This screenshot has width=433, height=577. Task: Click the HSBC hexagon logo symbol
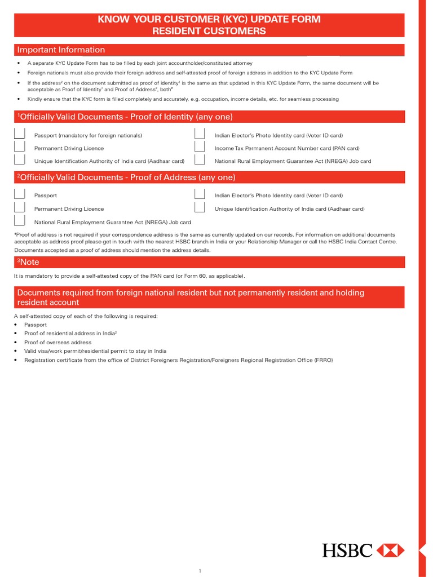click(390, 550)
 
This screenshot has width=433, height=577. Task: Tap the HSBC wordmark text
click(347, 550)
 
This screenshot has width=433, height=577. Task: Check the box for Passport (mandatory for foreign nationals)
click(20, 134)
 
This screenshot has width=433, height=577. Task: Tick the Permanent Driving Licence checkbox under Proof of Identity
click(20, 147)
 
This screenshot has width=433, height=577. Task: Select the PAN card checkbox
click(200, 147)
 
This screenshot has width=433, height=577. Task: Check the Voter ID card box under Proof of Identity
click(200, 134)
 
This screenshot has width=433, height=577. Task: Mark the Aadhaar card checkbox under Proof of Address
click(200, 208)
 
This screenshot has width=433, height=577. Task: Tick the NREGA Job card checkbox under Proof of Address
click(20, 221)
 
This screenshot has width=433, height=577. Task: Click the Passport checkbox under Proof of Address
click(20, 194)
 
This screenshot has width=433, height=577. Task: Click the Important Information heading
click(61, 50)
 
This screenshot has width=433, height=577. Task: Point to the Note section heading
click(28, 262)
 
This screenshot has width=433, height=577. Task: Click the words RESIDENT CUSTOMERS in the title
click(209, 31)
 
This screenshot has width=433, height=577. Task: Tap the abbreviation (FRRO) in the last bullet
click(324, 360)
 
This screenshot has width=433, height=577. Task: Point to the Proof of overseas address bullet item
click(58, 343)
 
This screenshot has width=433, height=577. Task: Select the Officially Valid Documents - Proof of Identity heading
click(125, 117)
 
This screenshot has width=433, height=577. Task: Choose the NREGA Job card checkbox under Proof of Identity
click(200, 160)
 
